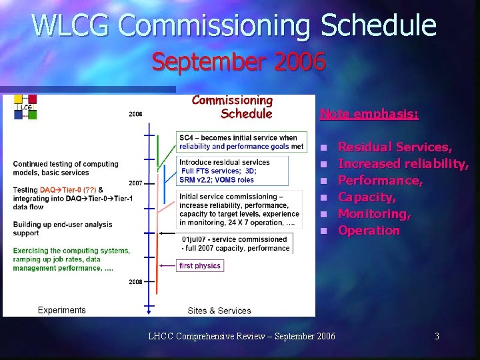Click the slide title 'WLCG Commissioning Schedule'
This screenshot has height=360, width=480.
pos(234,26)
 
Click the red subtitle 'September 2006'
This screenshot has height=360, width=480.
pos(239,62)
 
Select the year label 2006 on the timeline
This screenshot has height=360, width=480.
pos(135,114)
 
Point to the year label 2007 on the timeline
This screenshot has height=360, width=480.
pos(135,183)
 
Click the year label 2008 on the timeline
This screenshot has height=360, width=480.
pos(135,282)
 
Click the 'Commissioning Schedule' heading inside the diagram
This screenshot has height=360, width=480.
pos(233,107)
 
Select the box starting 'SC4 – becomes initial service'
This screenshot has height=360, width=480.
pos(241,141)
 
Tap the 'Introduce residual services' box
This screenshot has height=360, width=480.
pos(233,171)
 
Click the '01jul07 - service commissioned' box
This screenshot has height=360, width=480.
pos(236,243)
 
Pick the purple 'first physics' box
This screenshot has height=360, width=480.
pos(199,265)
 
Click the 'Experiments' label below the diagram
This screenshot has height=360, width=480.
pos(62,310)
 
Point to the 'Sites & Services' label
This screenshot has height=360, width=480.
pos(219,311)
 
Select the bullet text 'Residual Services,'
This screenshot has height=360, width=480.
pos(395,147)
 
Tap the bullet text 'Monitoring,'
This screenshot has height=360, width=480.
pos(374,213)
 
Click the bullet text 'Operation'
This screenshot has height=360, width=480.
pos(369,230)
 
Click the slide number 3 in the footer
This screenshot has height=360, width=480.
pos(437,336)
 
